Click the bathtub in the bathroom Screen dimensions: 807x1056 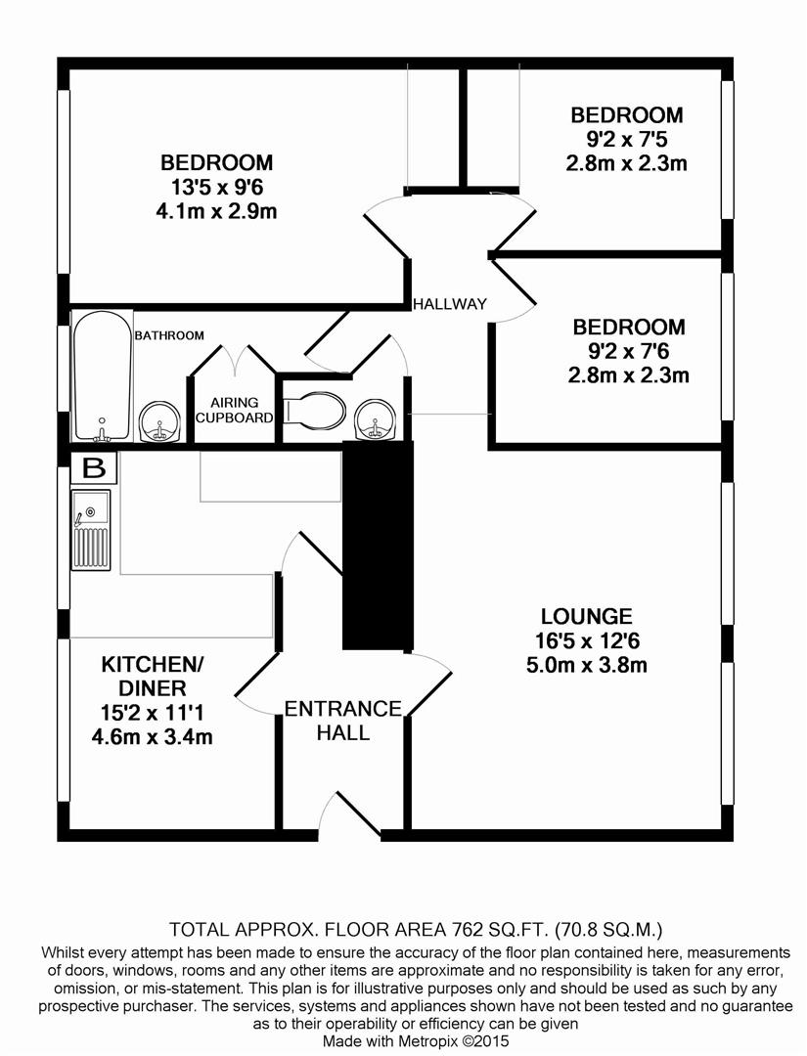click(x=102, y=376)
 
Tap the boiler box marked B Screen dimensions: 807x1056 click(x=94, y=467)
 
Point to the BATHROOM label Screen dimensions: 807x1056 click(x=169, y=335)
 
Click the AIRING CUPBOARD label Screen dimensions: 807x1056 click(x=234, y=410)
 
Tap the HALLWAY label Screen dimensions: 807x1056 click(x=449, y=303)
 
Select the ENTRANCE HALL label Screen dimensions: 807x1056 click(x=342, y=720)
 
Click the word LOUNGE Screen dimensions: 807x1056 click(x=587, y=616)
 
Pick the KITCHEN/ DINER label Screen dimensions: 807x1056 click(x=152, y=677)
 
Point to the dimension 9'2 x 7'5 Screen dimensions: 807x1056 click(x=626, y=139)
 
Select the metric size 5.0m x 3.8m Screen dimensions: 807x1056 click(x=587, y=666)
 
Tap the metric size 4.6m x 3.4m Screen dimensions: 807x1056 click(x=152, y=736)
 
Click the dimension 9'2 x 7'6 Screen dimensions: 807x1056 click(x=628, y=351)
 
